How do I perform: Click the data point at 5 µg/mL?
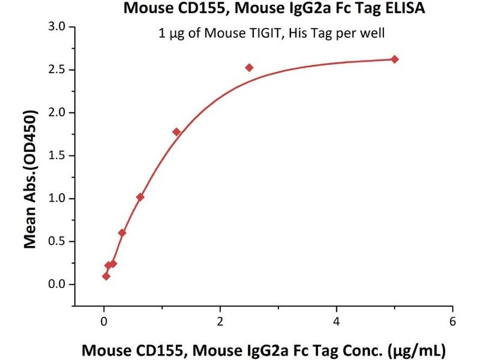(x=394, y=59)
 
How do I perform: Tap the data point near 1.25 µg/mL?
(x=176, y=132)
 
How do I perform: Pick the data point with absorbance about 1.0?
(x=140, y=197)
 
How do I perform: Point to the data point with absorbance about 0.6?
(x=122, y=233)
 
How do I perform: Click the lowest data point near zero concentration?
(x=106, y=277)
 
